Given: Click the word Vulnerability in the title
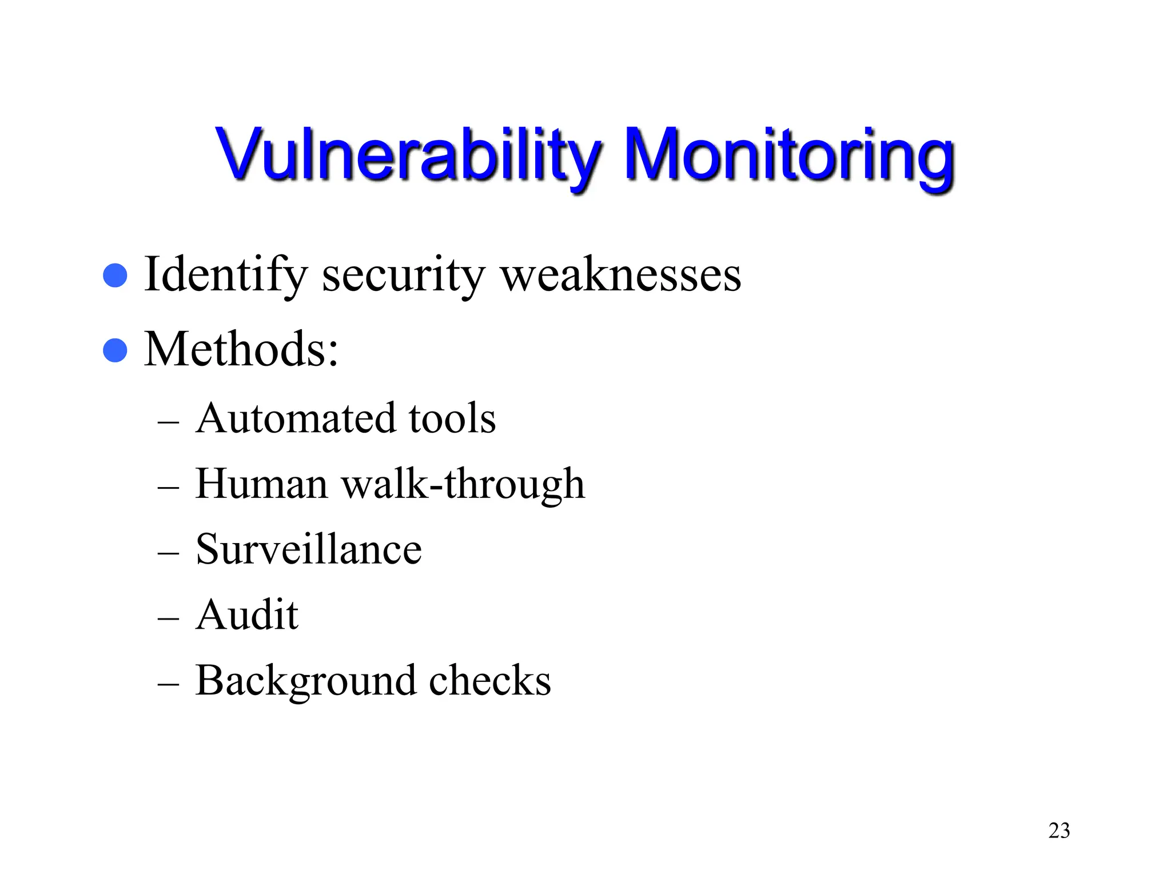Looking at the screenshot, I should coord(407,155).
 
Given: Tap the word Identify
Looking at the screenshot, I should coord(226,276).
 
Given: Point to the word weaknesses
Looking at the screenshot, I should coord(621,276).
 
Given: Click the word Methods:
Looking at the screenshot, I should coord(241,349).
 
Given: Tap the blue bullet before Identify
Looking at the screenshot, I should coord(115,276).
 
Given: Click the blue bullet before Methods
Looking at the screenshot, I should coord(115,350).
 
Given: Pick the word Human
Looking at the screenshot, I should coord(261,484).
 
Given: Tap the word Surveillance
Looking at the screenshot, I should coord(309,549).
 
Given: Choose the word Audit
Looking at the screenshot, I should coord(247,615).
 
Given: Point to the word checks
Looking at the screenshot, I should coord(490,681).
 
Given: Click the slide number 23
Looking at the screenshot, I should coord(1059,831).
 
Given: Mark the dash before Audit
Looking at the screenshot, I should coord(168,619).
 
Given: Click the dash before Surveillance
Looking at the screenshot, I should coord(168,553).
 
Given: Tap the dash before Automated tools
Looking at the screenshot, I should coord(168,422).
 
